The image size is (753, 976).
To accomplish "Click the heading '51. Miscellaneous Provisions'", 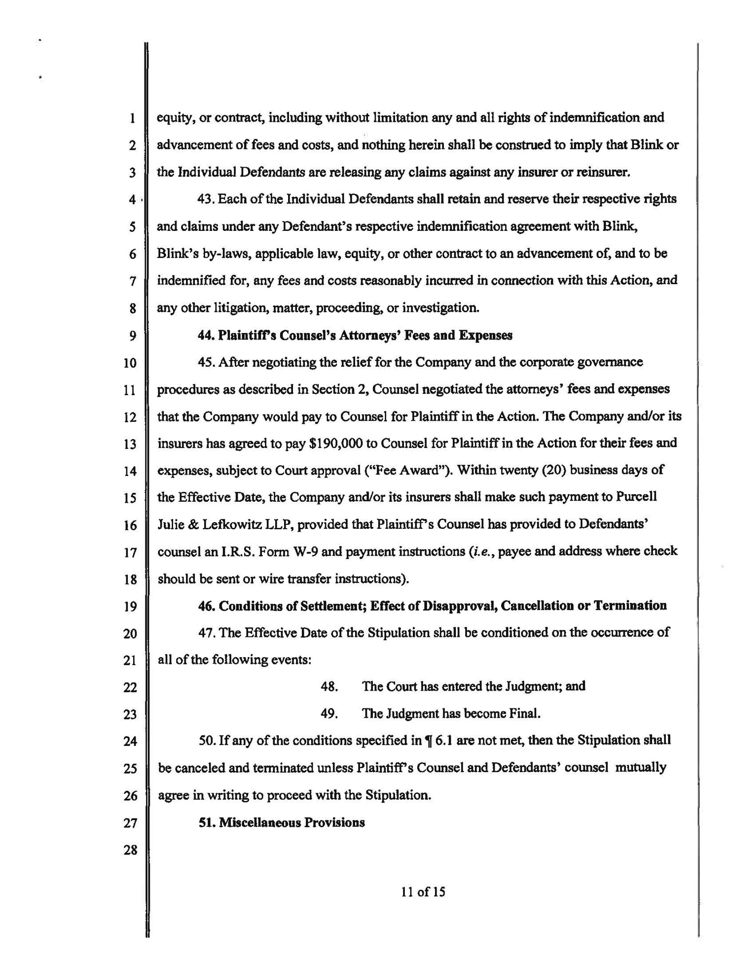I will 282,822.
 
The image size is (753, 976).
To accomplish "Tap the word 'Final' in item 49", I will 525,714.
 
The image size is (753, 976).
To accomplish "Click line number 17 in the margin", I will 130,552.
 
